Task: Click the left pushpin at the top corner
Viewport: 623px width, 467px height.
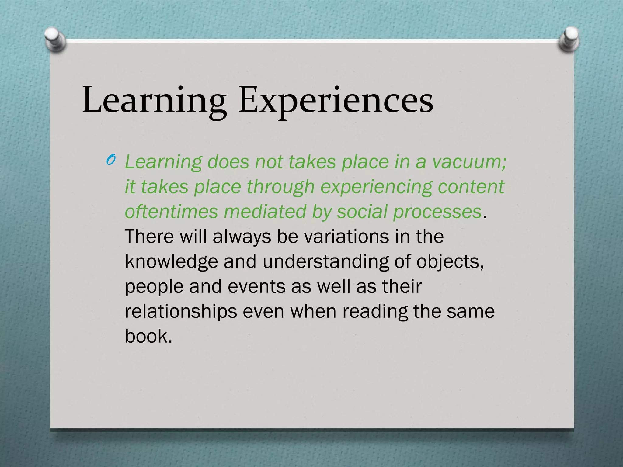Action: pyautogui.click(x=55, y=39)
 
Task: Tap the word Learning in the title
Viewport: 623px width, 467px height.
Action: pyautogui.click(x=155, y=100)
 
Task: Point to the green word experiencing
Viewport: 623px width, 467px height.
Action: pyautogui.click(x=376, y=187)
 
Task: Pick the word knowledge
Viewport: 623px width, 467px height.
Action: pyautogui.click(x=171, y=262)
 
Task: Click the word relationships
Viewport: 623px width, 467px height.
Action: pyautogui.click(x=181, y=312)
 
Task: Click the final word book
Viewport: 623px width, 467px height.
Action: pyautogui.click(x=148, y=336)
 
